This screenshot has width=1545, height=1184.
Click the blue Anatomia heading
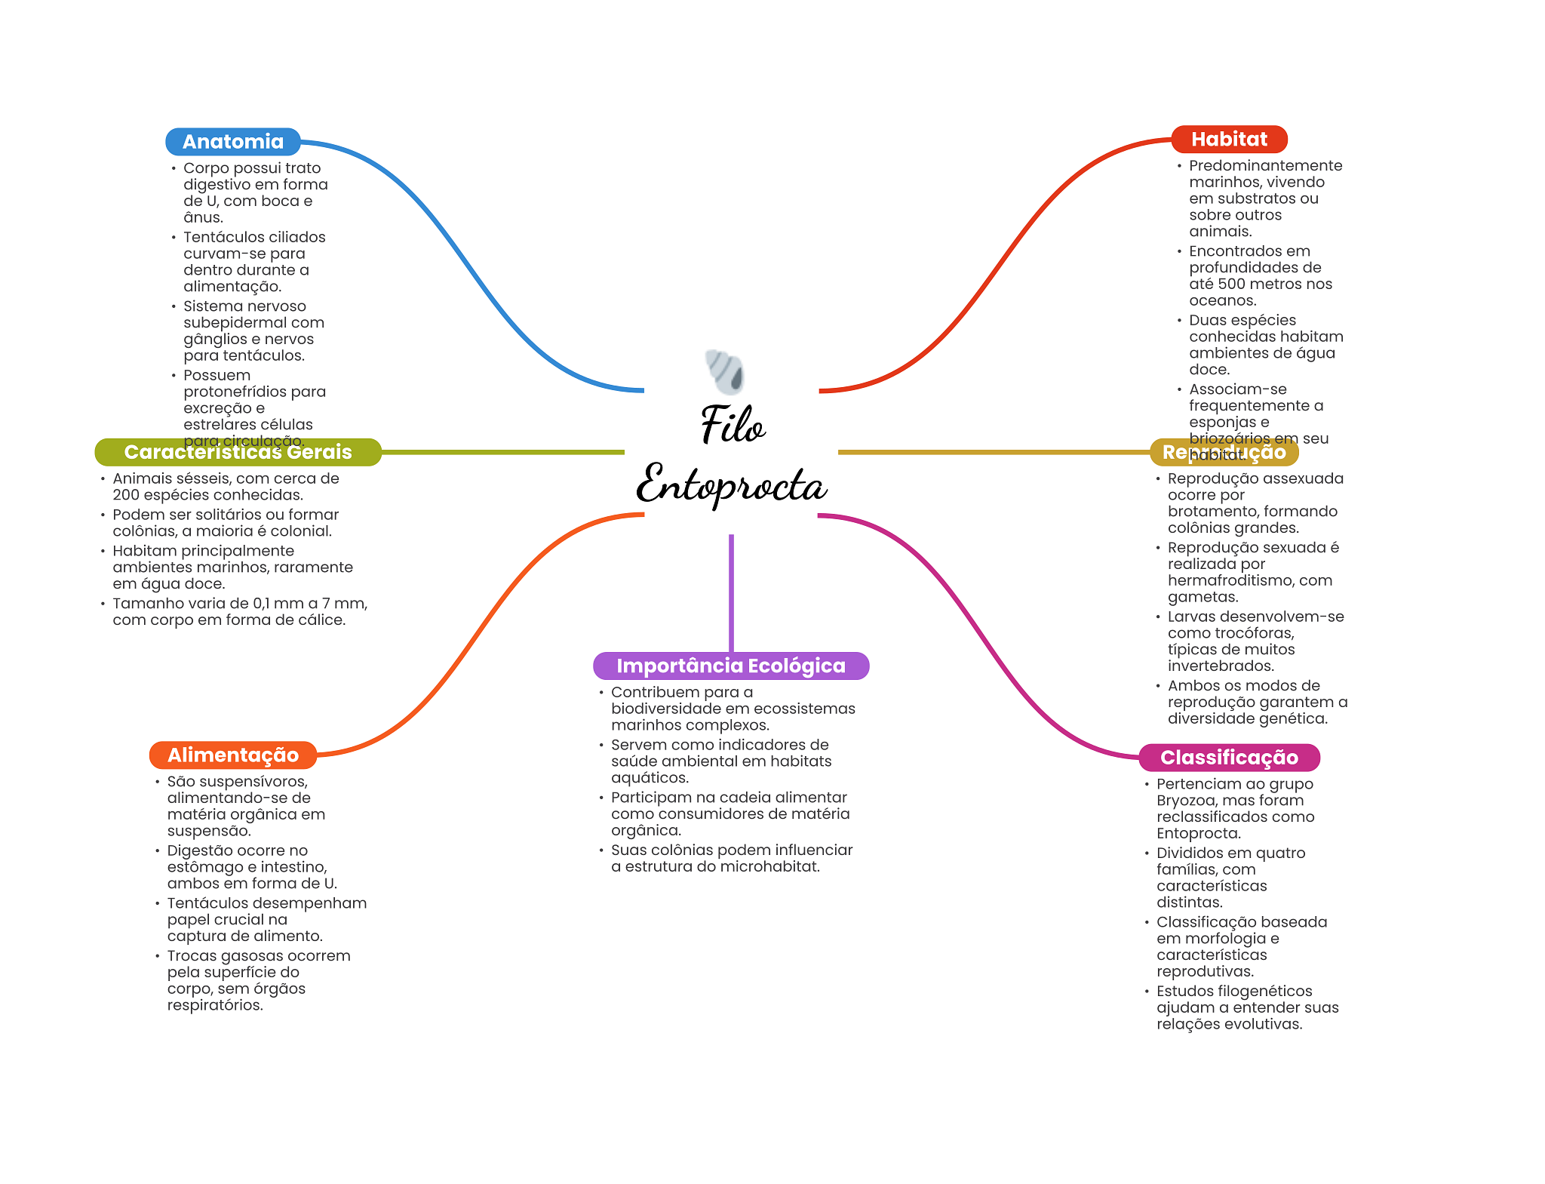click(233, 142)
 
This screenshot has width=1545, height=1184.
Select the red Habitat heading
click(1229, 139)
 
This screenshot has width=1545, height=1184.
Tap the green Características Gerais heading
click(238, 452)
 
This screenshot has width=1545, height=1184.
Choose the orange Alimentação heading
click(233, 755)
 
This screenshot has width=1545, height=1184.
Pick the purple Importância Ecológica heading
click(730, 666)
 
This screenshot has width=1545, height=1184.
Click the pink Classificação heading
click(1229, 757)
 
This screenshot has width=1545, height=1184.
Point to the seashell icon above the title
click(726, 371)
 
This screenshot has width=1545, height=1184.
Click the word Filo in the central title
click(732, 424)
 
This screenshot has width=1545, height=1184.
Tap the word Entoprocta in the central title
click(731, 484)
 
